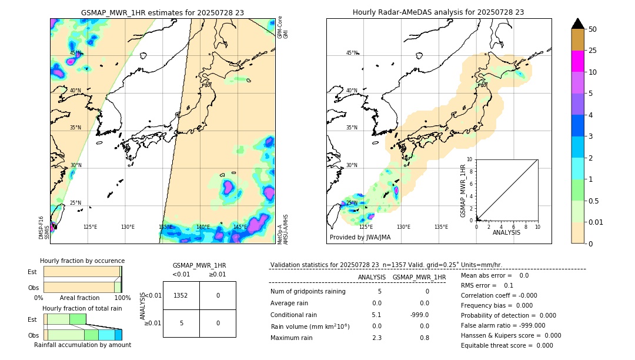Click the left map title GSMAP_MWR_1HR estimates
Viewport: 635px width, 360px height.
(162, 12)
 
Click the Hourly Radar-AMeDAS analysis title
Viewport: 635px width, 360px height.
(438, 12)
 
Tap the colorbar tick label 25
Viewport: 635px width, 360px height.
(593, 51)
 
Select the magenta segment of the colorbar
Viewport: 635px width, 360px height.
(577, 61)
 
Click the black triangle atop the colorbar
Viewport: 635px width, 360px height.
(577, 24)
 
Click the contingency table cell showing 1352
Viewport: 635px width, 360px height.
(181, 295)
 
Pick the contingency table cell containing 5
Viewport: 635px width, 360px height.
(181, 323)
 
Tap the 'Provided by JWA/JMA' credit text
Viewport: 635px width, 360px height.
(360, 238)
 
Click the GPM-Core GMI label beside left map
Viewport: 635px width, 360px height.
(283, 28)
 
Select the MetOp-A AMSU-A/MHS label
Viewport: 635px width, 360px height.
(283, 229)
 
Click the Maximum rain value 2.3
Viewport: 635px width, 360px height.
(377, 338)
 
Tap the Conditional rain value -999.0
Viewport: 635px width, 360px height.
(419, 315)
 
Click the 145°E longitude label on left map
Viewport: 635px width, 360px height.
(240, 227)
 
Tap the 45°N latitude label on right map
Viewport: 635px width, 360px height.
(352, 54)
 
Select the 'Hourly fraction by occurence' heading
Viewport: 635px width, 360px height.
(82, 261)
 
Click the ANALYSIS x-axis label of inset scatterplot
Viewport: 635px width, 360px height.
(507, 232)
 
